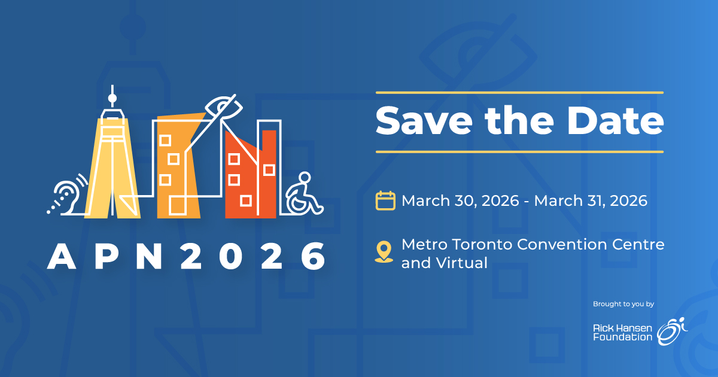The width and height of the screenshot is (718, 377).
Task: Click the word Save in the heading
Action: coord(424,120)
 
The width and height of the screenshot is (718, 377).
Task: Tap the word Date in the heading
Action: coord(615,120)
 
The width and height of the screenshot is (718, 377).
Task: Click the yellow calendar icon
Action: coord(385,200)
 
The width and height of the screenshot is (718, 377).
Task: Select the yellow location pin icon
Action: coord(384,252)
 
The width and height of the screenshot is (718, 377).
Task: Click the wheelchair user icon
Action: coord(304,194)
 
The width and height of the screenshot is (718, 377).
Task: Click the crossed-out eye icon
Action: coord(224,107)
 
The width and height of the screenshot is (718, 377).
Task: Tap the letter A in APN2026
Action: coord(62,256)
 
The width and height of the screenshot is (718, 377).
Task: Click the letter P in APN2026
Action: coord(107,256)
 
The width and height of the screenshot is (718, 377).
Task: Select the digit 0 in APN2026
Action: coord(231,256)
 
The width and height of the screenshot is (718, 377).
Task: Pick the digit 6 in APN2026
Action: coord(313,256)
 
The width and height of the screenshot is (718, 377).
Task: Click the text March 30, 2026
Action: coord(460,201)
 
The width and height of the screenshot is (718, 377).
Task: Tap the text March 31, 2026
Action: coord(591,201)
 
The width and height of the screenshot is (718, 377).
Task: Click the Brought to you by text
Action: coord(623,304)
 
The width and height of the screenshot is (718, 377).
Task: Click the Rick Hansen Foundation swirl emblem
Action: coord(672,331)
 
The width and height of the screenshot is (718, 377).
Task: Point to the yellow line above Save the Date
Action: coord(519,93)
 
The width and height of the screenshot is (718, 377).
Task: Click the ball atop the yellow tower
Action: coord(112,98)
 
